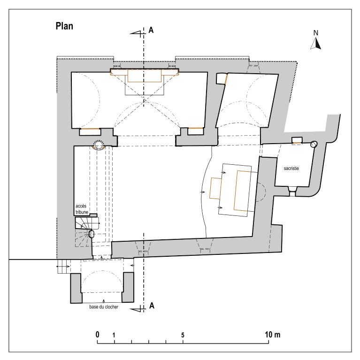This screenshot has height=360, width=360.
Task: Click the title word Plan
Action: (64, 26)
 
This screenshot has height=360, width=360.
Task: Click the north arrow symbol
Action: (316, 43)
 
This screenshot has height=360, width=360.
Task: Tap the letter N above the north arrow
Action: (316, 33)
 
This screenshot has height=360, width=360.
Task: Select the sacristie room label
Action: (291, 169)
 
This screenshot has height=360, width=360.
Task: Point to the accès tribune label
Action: (82, 209)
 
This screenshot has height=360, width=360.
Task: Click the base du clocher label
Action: (104, 307)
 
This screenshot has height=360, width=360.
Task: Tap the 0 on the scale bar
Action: (97, 335)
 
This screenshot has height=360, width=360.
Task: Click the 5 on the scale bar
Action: (183, 335)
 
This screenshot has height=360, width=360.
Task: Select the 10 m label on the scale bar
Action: (273, 335)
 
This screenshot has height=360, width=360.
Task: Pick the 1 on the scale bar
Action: (114, 335)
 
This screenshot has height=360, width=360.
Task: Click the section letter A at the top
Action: (151, 30)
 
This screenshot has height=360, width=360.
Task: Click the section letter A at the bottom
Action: (152, 306)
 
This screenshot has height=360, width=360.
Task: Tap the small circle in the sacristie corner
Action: (314, 144)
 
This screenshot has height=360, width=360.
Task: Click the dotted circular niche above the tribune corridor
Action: (98, 145)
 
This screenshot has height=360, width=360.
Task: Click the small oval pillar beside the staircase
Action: (92, 234)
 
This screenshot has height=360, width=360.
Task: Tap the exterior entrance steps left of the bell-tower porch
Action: (63, 267)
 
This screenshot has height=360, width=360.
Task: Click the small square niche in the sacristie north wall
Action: (297, 140)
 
